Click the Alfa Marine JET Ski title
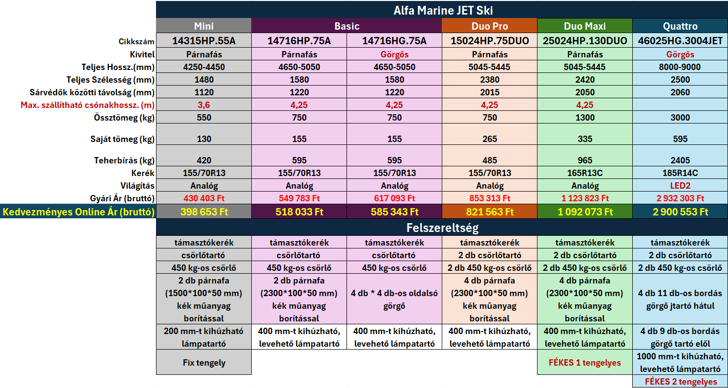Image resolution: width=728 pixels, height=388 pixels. [443, 10]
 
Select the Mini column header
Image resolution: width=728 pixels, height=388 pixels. [204, 26]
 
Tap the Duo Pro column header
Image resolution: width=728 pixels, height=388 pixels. [489, 26]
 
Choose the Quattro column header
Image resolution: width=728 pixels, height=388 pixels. [680, 26]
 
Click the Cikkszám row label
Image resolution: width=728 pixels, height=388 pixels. [137, 42]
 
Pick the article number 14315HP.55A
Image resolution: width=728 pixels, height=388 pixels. [204, 41]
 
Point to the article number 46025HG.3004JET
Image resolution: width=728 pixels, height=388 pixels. [680, 41]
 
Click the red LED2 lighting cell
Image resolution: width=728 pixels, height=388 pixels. [680, 186]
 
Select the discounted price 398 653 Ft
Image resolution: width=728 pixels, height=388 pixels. [204, 212]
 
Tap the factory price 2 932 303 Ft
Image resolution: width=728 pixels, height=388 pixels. [680, 198]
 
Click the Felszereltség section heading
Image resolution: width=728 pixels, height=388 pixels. [443, 228]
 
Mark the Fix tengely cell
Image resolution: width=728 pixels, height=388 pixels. [204, 363]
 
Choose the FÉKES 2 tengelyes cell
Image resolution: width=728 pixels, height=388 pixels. [681, 382]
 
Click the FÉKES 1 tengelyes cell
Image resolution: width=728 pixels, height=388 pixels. [585, 363]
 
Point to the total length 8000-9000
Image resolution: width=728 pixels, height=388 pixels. [680, 67]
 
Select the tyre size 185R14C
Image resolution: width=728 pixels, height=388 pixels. [680, 173]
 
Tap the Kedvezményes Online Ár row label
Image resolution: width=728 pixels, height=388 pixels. [79, 212]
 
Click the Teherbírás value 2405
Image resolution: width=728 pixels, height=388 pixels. [680, 160]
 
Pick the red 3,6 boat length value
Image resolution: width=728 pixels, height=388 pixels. [204, 105]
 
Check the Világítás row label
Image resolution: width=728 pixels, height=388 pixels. [137, 186]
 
